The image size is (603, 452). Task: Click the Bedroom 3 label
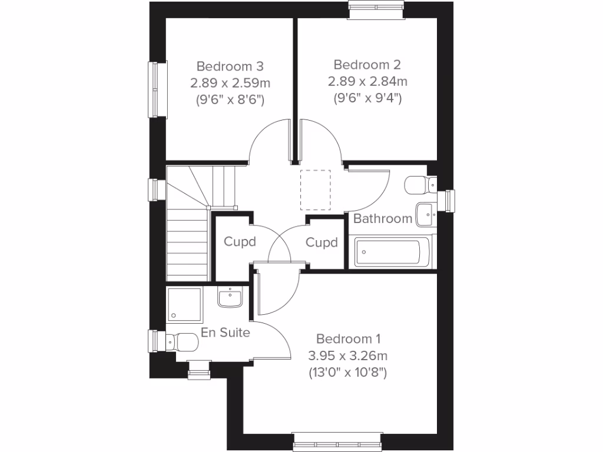tap(230, 65)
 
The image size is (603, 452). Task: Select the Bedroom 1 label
tap(349, 339)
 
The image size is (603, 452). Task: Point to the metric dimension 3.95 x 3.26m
tap(348, 355)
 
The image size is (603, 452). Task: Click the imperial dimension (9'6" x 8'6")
tap(230, 99)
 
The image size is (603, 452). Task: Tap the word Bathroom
tap(383, 219)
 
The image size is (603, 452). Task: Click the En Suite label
tap(226, 333)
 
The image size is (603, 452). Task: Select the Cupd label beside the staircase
tap(240, 242)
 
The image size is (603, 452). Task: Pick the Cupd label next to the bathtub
tap(322, 242)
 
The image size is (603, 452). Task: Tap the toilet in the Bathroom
tap(420, 185)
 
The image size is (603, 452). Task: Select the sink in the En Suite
tap(230, 298)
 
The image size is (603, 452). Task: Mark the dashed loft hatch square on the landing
tap(316, 190)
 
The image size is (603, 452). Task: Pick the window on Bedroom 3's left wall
tap(154, 90)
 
